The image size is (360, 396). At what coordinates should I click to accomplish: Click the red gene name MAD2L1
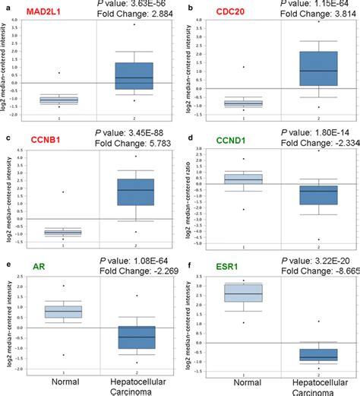(x=45, y=14)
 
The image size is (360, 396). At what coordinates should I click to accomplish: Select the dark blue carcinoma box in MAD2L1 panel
(x=134, y=76)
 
